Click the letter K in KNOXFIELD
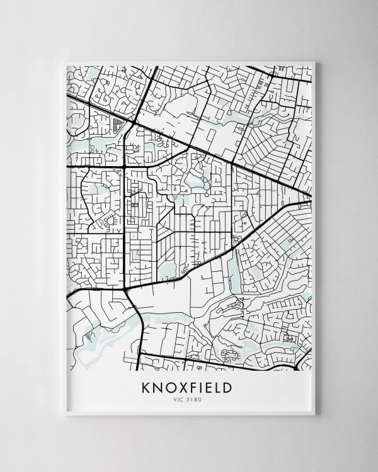(146, 386)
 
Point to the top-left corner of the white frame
(65, 62)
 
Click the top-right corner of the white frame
(315, 62)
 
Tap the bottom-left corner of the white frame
(65, 415)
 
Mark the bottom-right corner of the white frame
(315, 415)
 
